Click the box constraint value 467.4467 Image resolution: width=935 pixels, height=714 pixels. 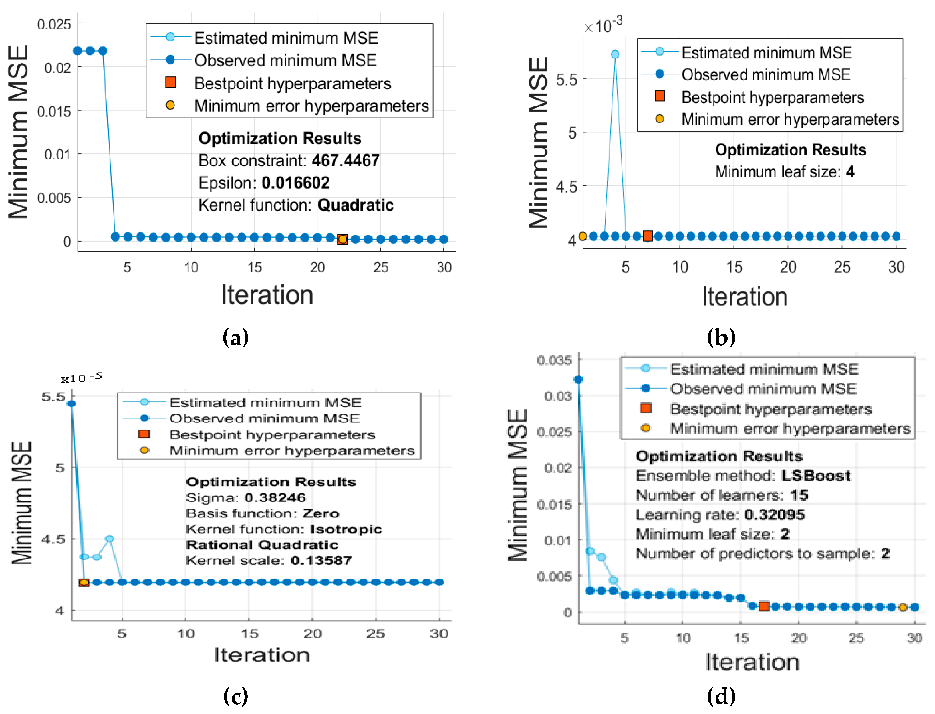[345, 161]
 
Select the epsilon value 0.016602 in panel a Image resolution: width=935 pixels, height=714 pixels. [295, 183]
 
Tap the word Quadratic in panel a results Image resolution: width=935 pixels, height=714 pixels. [355, 205]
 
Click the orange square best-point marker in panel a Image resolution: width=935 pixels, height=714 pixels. [342, 239]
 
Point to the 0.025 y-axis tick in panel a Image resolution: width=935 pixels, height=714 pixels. [54, 25]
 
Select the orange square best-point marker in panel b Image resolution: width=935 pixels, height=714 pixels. [647, 236]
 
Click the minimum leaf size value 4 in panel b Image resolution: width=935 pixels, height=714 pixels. [850, 172]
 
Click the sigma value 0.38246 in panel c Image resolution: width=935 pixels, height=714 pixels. [275, 497]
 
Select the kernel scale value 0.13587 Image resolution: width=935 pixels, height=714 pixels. [321, 561]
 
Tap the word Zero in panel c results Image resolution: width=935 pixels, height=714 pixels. [321, 513]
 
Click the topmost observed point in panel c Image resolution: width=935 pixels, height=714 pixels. [72, 403]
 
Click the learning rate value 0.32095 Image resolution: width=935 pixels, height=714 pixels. [775, 515]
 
